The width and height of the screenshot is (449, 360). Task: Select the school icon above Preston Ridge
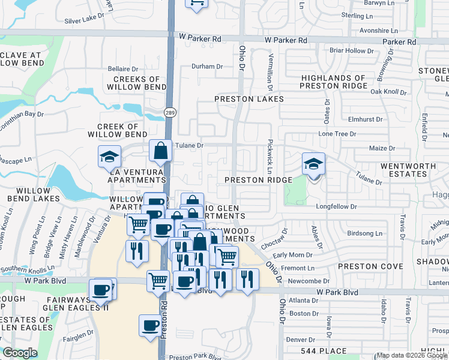[x=313, y=163]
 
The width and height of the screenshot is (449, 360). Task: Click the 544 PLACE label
[x=324, y=351]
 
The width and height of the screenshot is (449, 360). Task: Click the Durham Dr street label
[x=207, y=67]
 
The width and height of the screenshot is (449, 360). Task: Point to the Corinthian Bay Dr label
[x=23, y=113]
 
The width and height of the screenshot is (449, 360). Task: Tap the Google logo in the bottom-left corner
[x=20, y=353]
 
